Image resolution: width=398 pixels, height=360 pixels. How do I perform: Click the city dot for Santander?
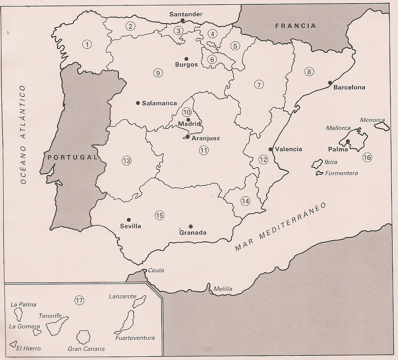pos(183,21)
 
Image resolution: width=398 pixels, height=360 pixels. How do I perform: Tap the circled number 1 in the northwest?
pos(86,44)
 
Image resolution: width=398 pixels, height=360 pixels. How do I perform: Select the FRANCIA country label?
pos(295,26)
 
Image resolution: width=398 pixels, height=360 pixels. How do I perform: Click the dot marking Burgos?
pos(186,58)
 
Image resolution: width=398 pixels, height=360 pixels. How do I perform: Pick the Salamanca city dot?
pos(138,103)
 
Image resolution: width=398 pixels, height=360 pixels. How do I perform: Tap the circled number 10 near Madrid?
pos(187,112)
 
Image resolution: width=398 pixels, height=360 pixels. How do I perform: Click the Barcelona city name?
pos(349,87)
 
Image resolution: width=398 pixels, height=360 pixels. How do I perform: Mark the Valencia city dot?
pos(271,149)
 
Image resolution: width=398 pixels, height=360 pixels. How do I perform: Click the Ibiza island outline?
pos(316,164)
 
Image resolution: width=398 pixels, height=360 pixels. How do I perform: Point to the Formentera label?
pos(341,173)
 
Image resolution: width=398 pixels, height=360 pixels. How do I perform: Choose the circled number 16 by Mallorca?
pos(367,157)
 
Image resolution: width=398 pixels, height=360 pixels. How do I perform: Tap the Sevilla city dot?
pos(129,220)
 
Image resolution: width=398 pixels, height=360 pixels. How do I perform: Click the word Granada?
pos(193,233)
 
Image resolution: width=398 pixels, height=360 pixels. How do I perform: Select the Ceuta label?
pos(156,270)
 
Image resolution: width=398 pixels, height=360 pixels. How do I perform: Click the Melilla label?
pos(223,289)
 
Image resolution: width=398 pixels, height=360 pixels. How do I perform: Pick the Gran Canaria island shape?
pos(84,337)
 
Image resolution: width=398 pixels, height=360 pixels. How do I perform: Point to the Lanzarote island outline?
pos(139,302)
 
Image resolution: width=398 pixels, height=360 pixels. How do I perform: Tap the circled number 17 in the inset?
pos(79,300)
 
